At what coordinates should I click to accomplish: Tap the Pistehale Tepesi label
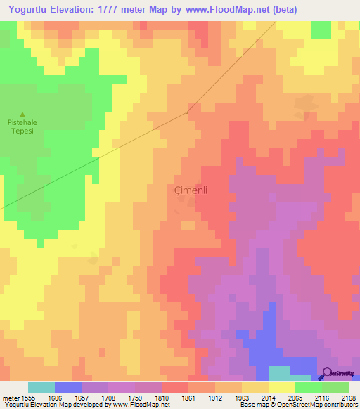click(22, 126)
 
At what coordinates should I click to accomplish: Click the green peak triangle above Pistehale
click(22, 115)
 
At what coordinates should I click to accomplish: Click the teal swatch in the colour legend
click(41, 387)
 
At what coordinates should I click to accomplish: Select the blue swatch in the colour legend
click(68, 387)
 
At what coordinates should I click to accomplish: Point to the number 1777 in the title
click(105, 9)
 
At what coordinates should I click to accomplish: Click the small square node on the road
click(187, 112)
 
